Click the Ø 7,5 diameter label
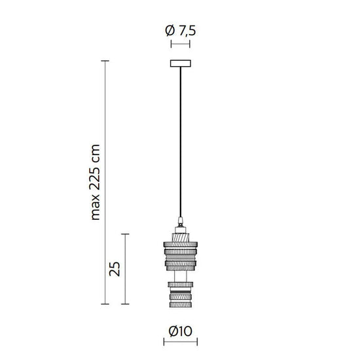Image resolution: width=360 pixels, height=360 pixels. point(180,30)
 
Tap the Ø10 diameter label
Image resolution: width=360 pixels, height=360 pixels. point(180,331)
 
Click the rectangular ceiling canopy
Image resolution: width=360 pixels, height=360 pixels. point(180,64)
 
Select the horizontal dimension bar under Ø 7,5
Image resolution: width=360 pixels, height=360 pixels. point(180,45)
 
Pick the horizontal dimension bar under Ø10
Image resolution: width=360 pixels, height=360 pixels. point(180,343)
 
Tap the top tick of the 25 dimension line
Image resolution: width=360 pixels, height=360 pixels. point(127,234)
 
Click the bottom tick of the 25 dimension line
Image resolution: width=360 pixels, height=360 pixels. point(127,304)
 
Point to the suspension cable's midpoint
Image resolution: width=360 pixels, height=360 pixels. point(180,141)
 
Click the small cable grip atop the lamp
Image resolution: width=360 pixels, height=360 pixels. point(180,221)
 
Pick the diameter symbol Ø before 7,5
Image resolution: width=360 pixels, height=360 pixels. point(170,30)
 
